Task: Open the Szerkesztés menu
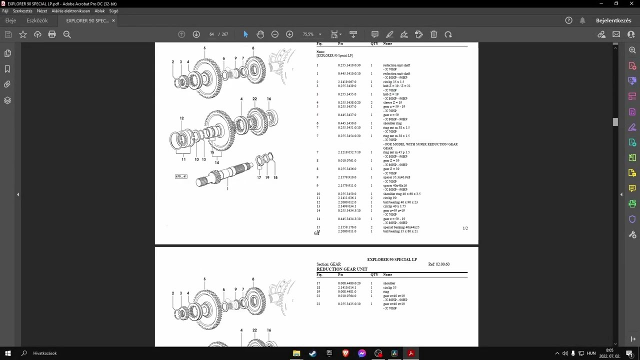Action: [x=22, y=11]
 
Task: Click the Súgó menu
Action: [x=113, y=11]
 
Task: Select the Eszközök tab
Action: [x=37, y=20]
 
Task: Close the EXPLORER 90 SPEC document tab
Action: [x=113, y=20]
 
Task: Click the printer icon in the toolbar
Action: [x=52, y=34]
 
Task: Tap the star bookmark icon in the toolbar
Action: [x=23, y=34]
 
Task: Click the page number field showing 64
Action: [x=211, y=34]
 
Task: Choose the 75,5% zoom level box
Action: [x=308, y=34]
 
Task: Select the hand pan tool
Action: [x=260, y=34]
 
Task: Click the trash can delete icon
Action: [x=433, y=34]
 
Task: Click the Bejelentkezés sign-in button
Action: [x=613, y=20]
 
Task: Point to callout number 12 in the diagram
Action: [x=181, y=118]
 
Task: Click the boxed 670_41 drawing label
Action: [x=181, y=176]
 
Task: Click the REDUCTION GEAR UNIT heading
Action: [x=342, y=269]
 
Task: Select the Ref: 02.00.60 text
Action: [x=438, y=264]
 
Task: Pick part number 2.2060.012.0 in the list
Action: [x=347, y=202]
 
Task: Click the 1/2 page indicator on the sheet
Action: [x=465, y=228]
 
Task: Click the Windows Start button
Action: [x=8, y=353]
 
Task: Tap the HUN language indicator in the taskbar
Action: [x=591, y=353]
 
